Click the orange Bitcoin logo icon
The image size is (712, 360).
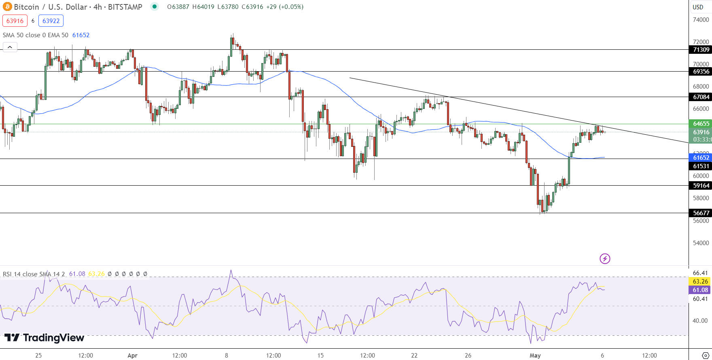(x=7, y=7)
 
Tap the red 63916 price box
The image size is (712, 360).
(x=15, y=21)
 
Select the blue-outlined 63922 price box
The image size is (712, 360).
(x=51, y=21)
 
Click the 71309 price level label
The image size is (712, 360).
(x=701, y=50)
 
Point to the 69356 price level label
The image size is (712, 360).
(x=701, y=72)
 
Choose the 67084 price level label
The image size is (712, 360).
(x=701, y=97)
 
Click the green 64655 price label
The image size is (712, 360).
(x=701, y=124)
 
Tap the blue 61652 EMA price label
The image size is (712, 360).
(x=701, y=158)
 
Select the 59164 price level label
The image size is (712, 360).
(x=701, y=186)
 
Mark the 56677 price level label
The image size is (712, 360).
(x=701, y=213)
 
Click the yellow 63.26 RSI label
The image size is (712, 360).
(x=700, y=282)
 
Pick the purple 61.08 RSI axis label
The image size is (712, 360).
(x=700, y=290)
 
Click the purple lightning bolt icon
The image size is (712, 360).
(x=605, y=258)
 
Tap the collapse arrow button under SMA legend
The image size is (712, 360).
(x=10, y=47)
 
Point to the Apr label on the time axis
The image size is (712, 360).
(x=132, y=356)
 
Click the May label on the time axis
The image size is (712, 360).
(x=535, y=356)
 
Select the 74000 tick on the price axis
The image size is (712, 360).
(x=701, y=20)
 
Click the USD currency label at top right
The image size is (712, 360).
(x=698, y=7)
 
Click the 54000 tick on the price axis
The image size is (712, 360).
(x=701, y=243)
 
